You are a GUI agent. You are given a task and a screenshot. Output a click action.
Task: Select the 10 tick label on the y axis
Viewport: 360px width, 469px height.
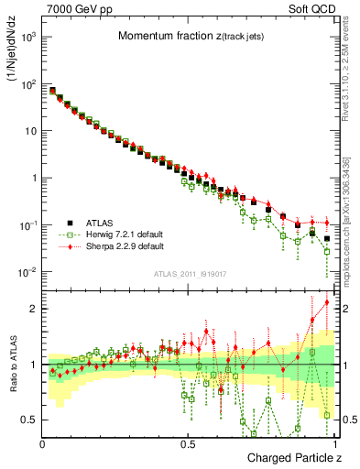(x=31, y=131)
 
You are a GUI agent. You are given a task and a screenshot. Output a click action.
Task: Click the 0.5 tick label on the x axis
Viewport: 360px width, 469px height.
(x=188, y=443)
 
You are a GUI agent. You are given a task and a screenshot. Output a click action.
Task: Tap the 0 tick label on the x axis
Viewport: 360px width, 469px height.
(x=43, y=443)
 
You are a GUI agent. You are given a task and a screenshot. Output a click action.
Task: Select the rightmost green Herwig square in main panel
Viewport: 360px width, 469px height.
(x=327, y=251)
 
